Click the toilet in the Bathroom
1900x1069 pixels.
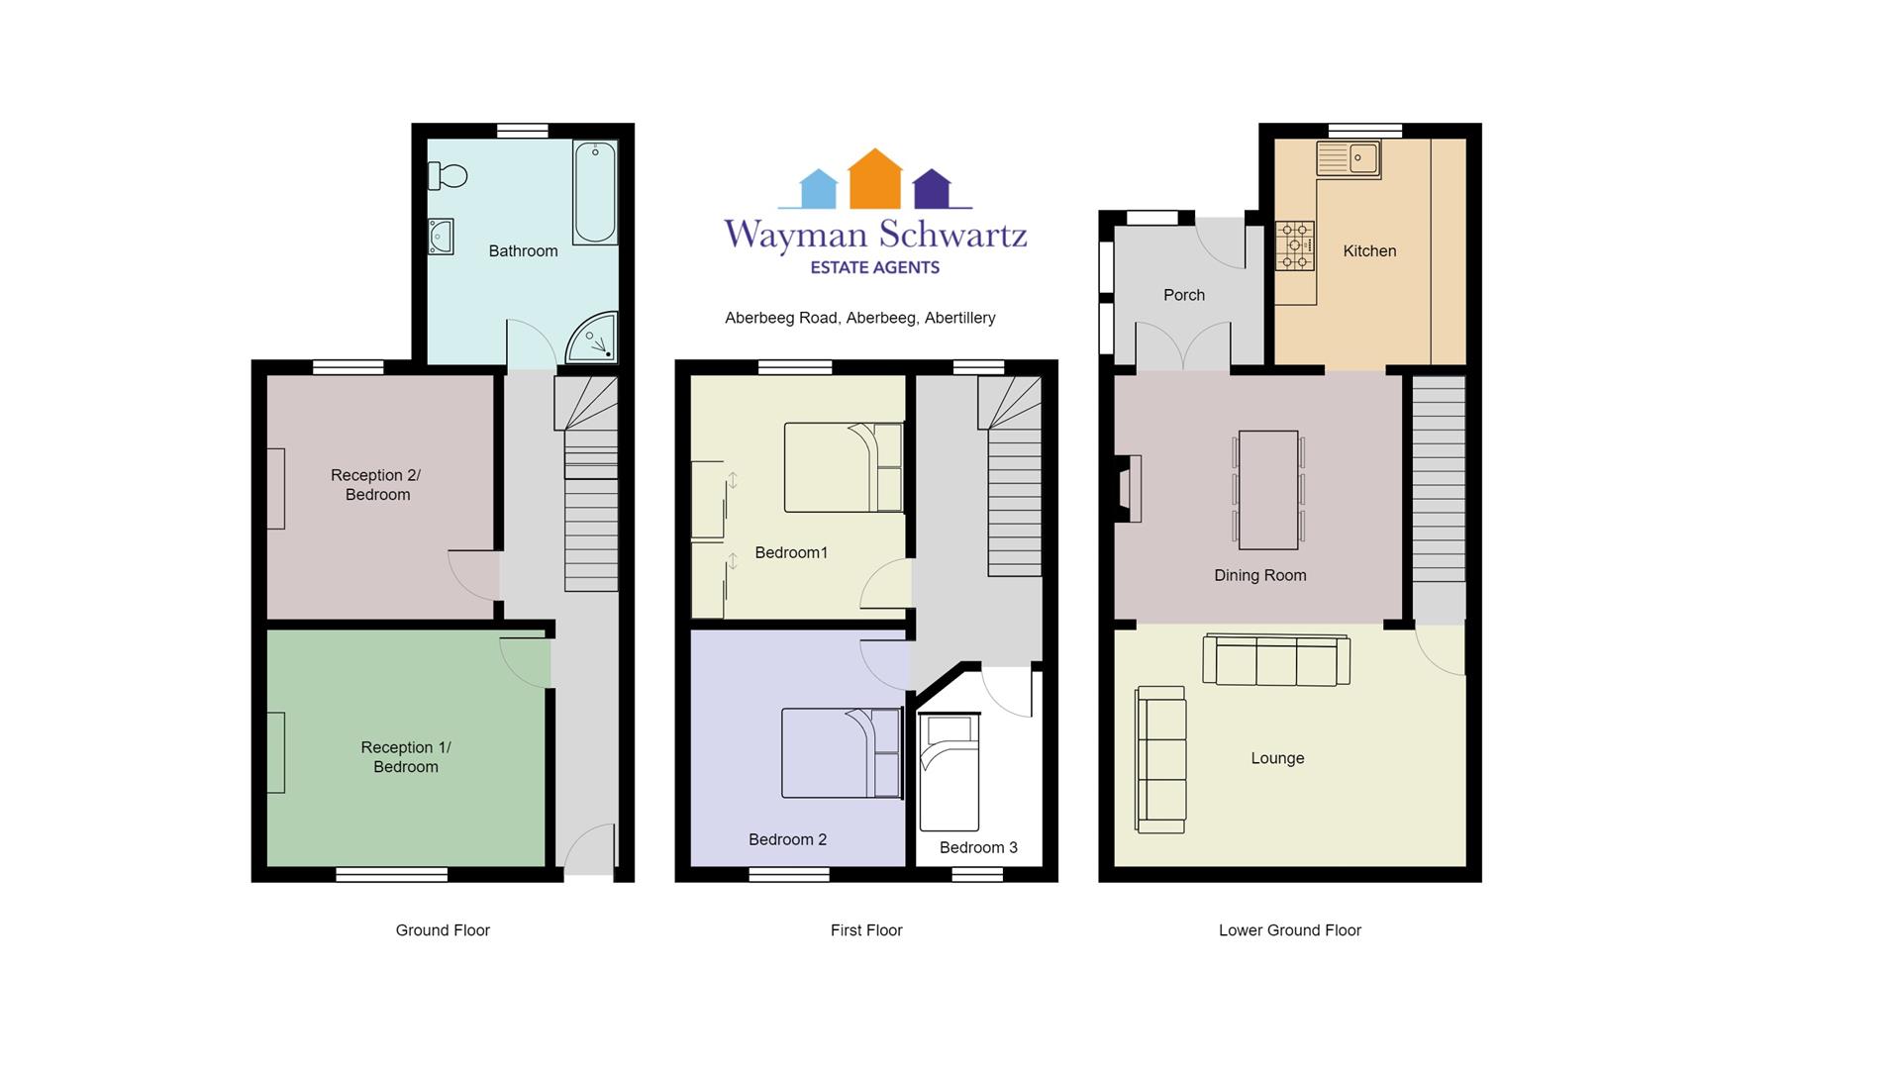(447, 176)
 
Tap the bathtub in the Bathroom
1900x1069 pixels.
(595, 192)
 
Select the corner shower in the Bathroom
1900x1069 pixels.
(592, 338)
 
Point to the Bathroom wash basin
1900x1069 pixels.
(441, 237)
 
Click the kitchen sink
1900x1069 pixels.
(1349, 158)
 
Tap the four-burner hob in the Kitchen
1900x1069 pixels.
(1295, 244)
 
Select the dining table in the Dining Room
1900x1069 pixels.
(1268, 490)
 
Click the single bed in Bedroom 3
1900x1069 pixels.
(949, 772)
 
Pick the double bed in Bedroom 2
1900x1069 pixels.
(842, 753)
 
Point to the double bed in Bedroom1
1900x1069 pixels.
(845, 467)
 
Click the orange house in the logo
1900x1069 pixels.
(875, 178)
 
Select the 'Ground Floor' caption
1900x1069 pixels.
(443, 930)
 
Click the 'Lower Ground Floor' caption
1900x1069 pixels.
(1290, 930)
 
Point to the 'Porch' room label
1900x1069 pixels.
(1184, 295)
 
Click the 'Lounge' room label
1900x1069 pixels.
(1277, 758)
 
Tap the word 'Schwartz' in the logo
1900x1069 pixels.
(952, 236)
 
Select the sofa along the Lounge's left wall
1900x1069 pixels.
(1161, 760)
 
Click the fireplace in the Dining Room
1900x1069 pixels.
(1130, 489)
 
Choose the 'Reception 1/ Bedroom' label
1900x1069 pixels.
(406, 757)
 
